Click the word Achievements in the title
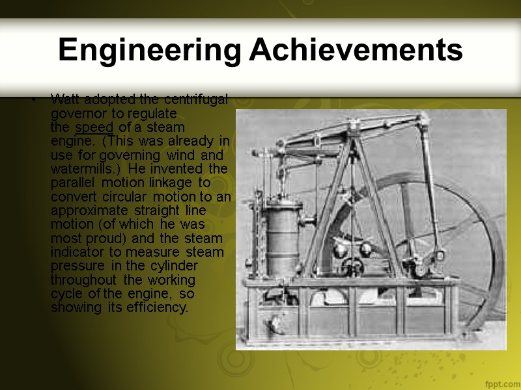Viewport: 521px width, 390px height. (x=356, y=50)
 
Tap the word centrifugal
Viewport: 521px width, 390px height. (x=195, y=99)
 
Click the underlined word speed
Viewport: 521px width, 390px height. (x=95, y=127)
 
